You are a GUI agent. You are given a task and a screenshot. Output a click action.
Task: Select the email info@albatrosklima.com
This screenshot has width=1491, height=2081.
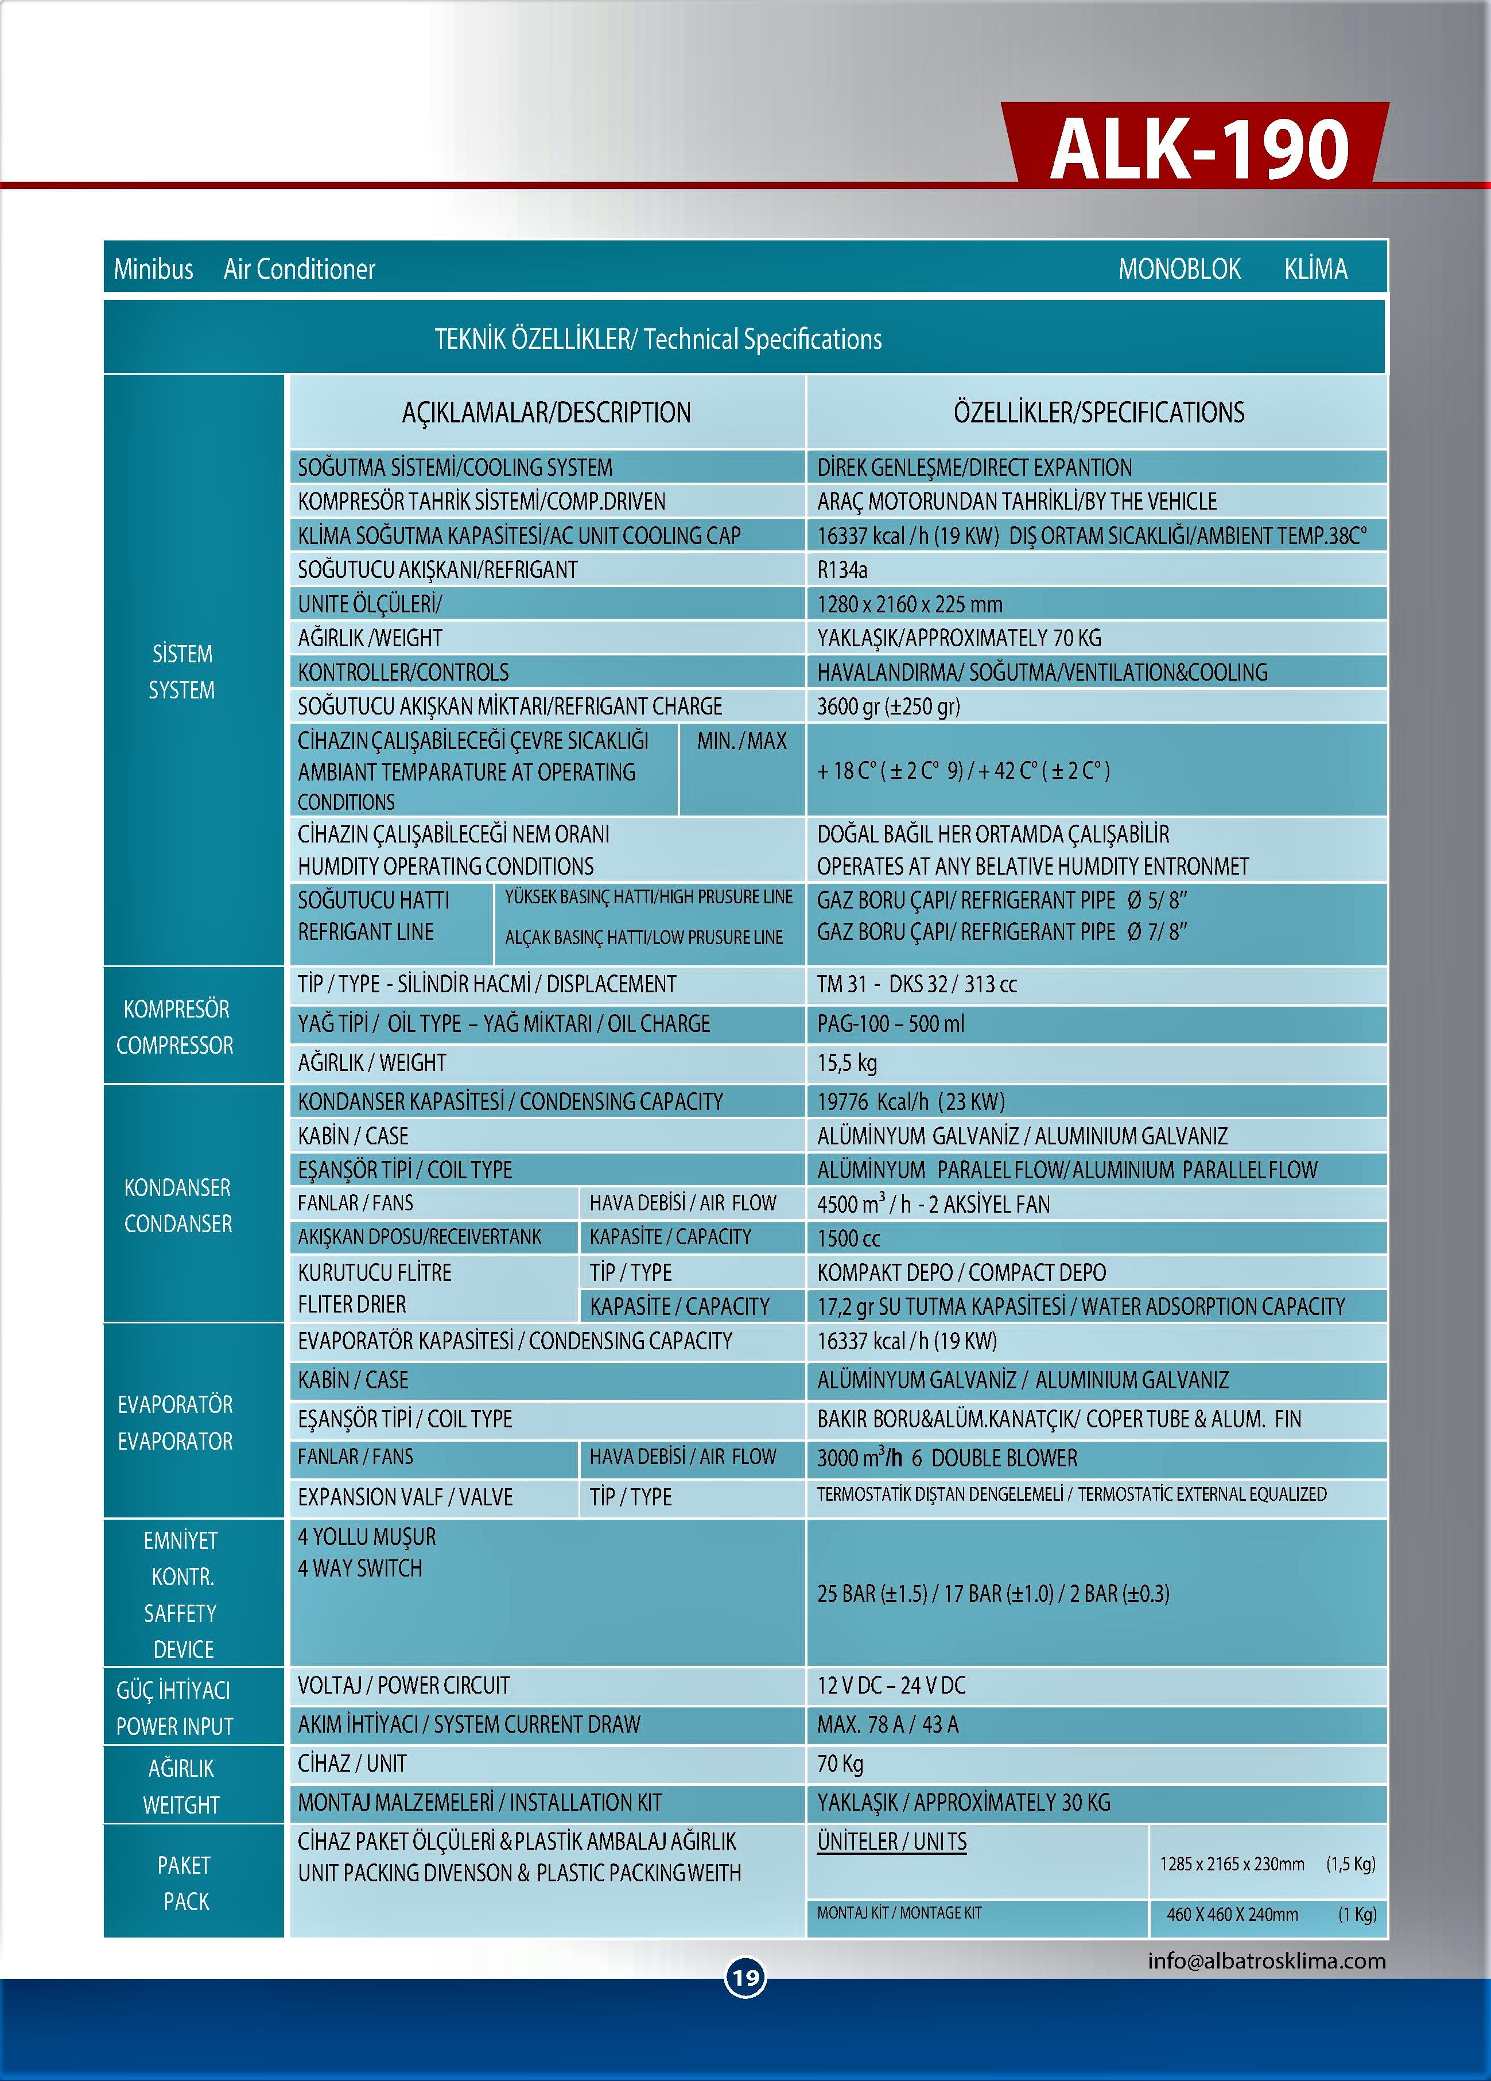[1266, 1961]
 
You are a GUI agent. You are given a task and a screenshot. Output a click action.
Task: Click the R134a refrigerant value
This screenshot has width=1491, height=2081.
[842, 570]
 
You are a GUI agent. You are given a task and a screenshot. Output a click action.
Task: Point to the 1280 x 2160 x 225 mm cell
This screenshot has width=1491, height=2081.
[909, 604]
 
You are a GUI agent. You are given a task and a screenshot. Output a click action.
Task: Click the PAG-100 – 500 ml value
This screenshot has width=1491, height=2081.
[890, 1023]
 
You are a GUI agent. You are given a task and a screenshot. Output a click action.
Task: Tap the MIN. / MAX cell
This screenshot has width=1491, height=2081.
[741, 740]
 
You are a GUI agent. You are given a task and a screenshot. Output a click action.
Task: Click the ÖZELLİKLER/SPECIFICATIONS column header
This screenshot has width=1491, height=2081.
[1098, 412]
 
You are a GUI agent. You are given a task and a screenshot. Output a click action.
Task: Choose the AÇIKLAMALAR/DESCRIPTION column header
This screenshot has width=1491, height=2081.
[546, 412]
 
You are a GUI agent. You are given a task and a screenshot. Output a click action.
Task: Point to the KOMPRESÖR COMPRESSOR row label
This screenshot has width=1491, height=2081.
[175, 1027]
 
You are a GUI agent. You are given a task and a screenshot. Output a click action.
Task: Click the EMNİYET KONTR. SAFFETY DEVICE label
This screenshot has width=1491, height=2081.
[182, 1594]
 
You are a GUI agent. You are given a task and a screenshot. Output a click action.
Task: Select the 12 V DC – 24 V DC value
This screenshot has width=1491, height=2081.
[891, 1684]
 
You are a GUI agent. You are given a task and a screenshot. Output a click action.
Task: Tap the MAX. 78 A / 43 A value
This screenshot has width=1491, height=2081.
[887, 1724]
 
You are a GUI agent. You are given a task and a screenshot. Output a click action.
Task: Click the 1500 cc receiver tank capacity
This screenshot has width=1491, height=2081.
[849, 1238]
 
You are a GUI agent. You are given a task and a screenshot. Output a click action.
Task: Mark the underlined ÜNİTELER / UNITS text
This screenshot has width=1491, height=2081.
[892, 1842]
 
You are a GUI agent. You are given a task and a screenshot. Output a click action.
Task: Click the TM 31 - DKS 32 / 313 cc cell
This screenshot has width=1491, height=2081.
[917, 984]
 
